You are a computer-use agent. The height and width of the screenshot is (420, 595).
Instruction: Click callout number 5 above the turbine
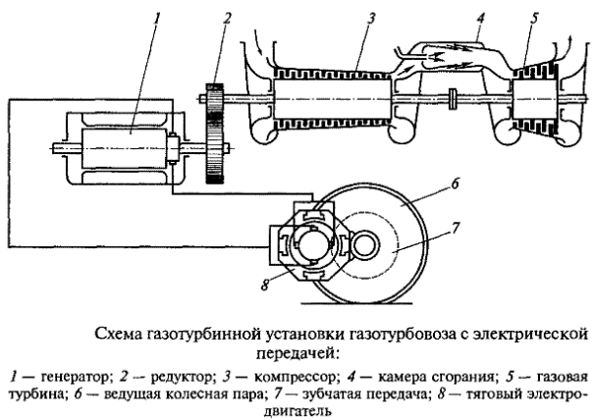coord(532,16)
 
